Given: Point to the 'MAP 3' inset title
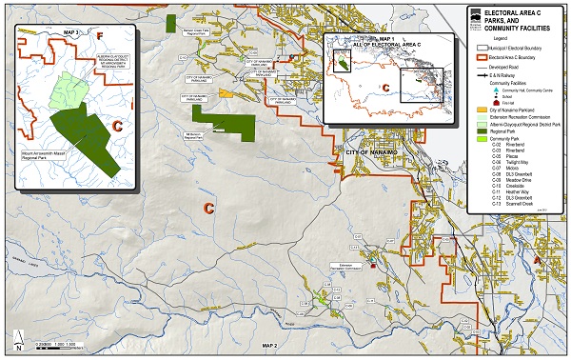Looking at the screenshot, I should point(68,31).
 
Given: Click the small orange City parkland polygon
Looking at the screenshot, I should point(226,93).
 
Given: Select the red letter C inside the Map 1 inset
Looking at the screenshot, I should point(386,88).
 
